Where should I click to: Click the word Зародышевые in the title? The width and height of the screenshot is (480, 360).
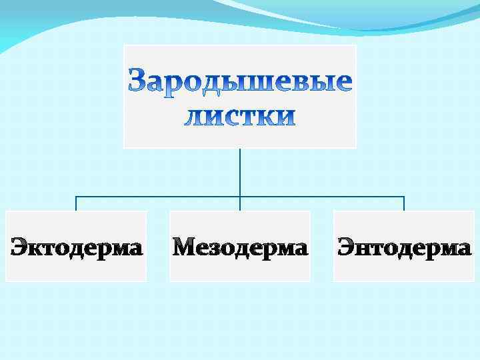tap(240, 81)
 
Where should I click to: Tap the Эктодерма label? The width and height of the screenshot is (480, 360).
tap(76, 247)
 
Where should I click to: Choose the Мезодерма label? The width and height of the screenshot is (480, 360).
tap(240, 247)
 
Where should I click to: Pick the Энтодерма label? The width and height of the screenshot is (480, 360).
tap(404, 247)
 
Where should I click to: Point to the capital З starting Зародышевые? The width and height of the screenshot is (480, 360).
tap(137, 81)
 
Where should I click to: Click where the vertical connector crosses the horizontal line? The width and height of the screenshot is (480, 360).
tap(240, 197)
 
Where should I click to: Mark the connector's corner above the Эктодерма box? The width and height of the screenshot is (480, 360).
tap(76, 197)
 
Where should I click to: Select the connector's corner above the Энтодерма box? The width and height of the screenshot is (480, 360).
tap(404, 197)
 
